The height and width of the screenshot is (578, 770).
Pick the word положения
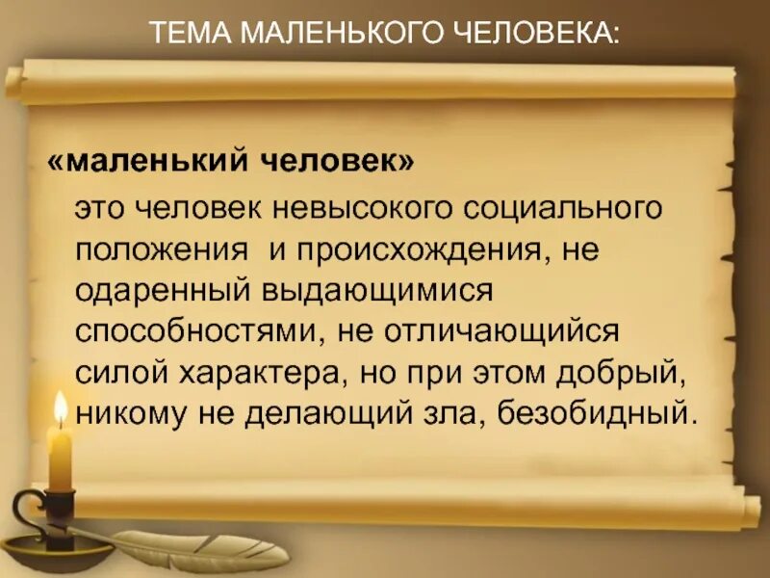(x=163, y=250)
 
